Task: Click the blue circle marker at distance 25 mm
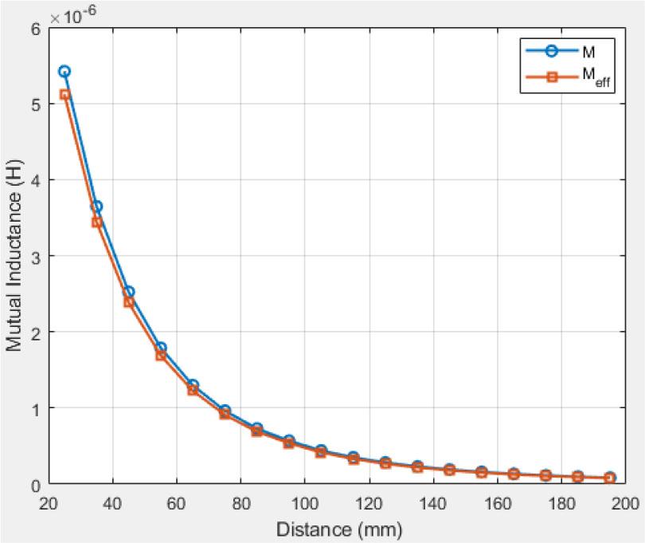click(x=64, y=71)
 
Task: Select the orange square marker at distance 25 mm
click(x=64, y=94)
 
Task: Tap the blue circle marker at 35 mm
click(x=96, y=207)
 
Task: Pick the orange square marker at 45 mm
click(x=128, y=302)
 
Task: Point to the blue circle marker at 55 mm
click(x=161, y=348)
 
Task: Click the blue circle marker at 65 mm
click(x=193, y=385)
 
